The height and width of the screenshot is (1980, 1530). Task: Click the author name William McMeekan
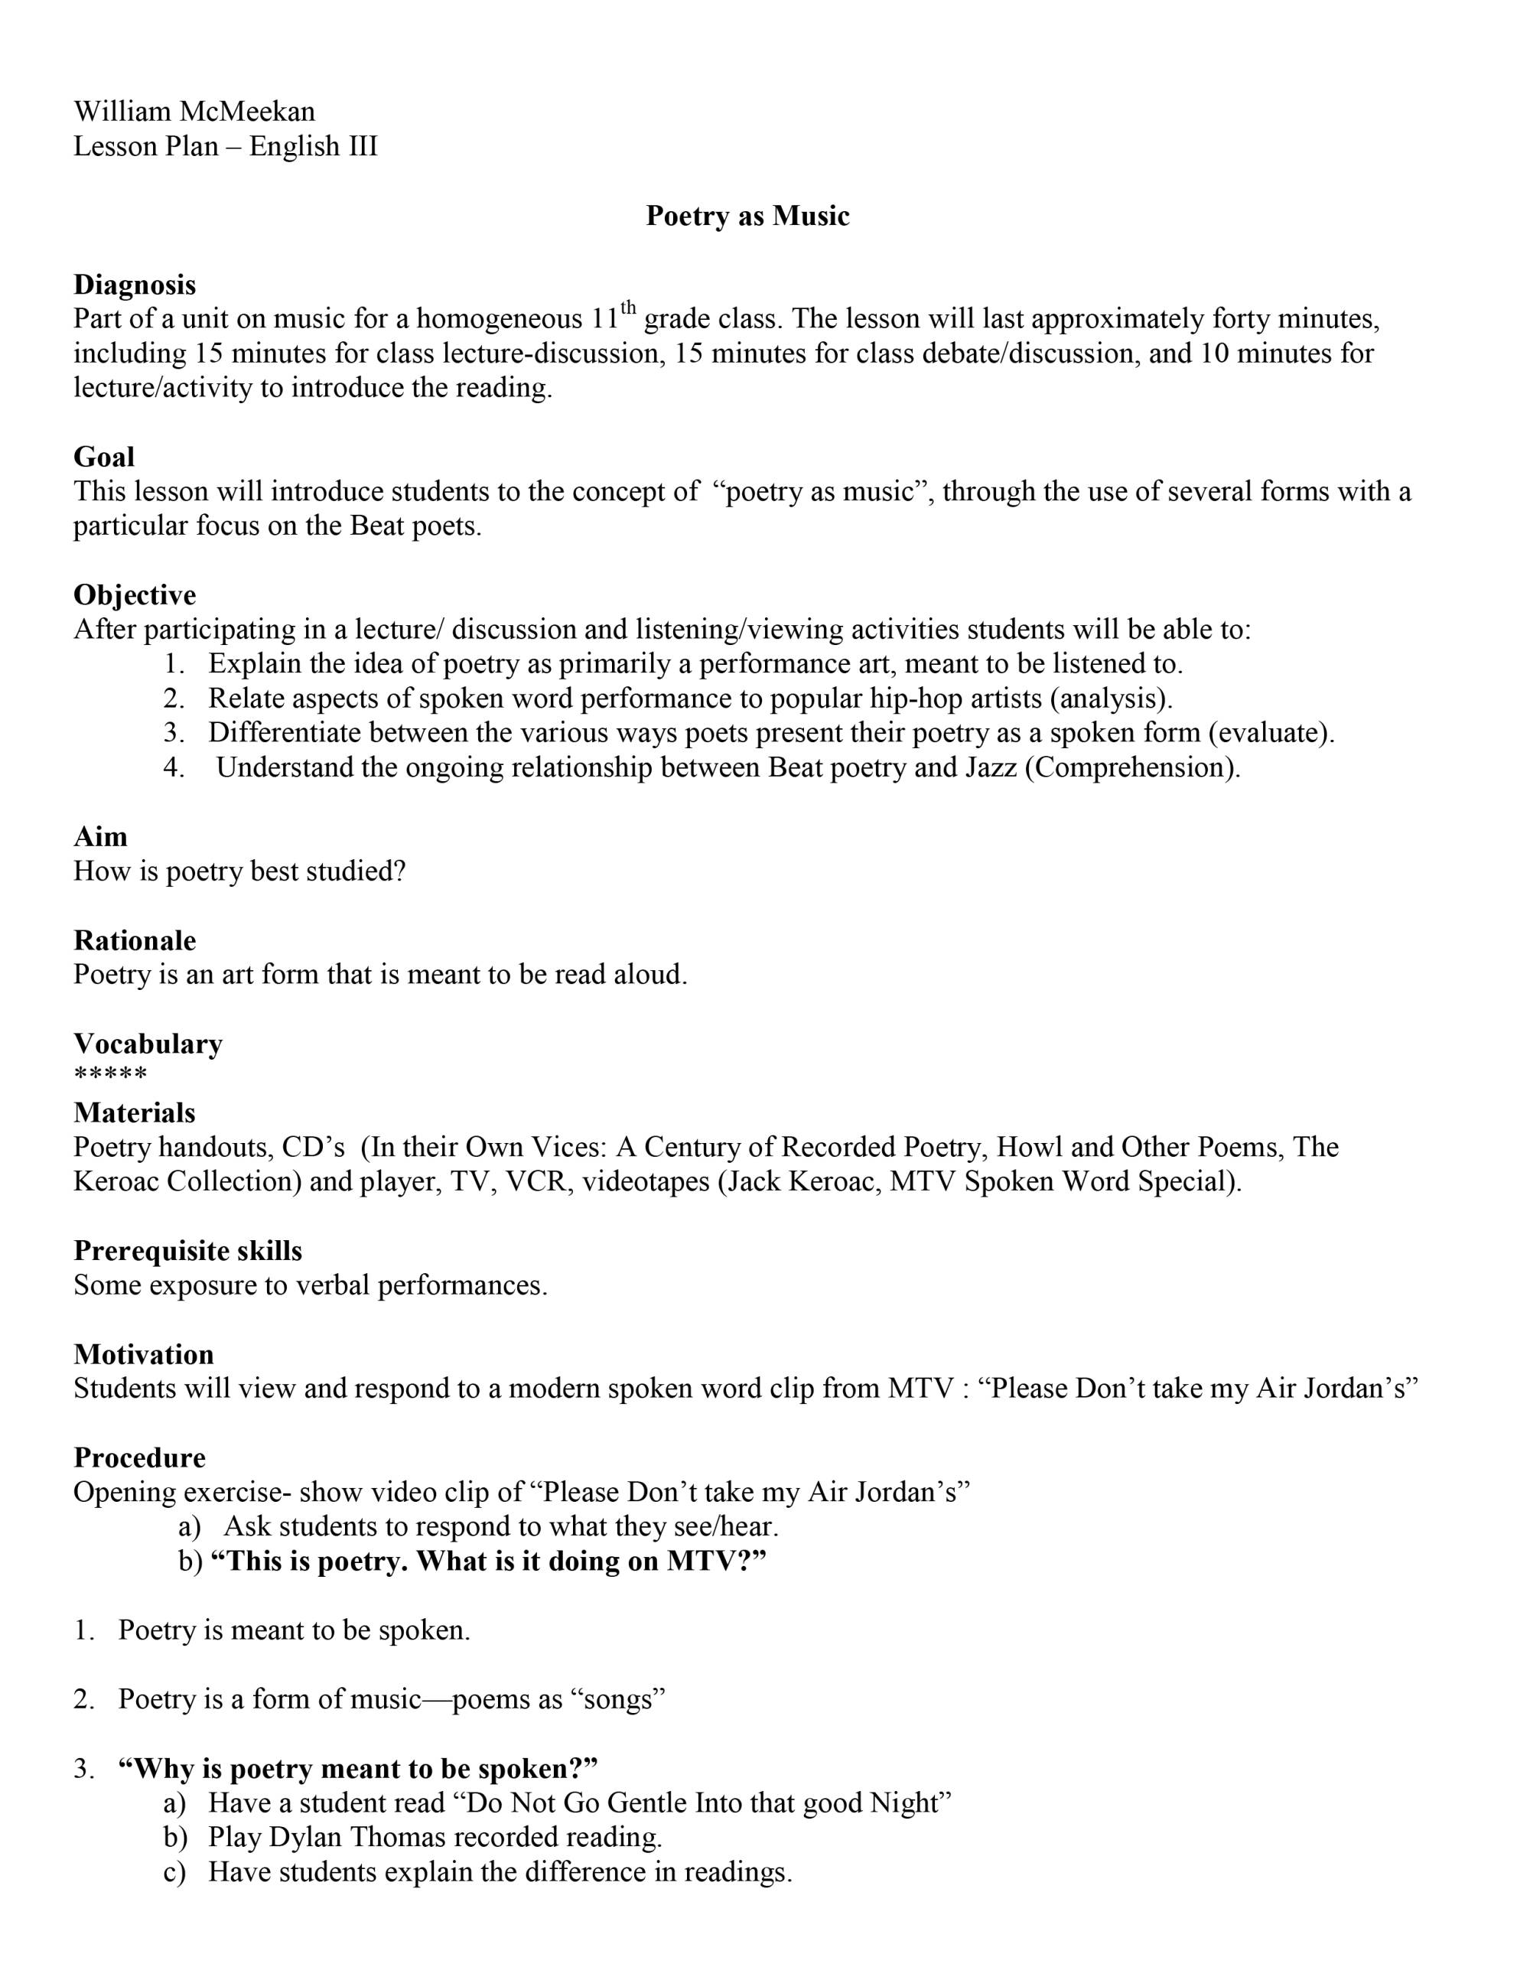coord(194,112)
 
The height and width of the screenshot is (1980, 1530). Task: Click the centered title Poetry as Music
coord(747,216)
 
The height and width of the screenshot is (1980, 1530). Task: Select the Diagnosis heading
coord(134,285)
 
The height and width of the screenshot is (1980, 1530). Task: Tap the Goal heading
coord(103,457)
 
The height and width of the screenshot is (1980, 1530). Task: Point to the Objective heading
coord(134,594)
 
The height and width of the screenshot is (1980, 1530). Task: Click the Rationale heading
coord(134,940)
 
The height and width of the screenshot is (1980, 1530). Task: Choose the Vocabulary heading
coord(148,1044)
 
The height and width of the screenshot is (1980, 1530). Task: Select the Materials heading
coord(134,1112)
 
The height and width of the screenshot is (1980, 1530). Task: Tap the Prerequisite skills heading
coord(187,1251)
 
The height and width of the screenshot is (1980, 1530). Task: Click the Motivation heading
coord(143,1354)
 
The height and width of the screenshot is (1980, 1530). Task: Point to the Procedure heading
coord(138,1457)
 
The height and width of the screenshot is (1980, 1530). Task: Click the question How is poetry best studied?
coord(239,871)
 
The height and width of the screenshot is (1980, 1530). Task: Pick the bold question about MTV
coord(487,1562)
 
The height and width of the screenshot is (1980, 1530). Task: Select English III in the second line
coord(313,146)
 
